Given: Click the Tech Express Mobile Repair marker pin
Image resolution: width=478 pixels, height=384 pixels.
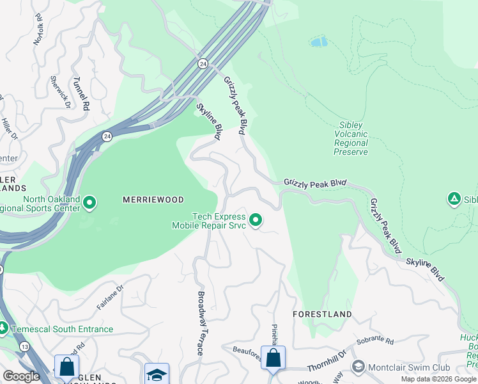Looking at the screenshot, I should coord(256,221).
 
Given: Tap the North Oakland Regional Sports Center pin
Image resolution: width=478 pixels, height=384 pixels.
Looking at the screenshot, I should coord(89,204).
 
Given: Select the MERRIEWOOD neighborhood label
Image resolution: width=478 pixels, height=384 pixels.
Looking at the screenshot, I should coord(153,200).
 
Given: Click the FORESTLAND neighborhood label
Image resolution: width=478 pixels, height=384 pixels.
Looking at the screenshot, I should coord(322,314).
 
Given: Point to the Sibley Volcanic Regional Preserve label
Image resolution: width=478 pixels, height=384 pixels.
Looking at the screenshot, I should coord(351,139).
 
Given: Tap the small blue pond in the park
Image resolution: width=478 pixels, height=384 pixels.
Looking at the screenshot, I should coord(318,42).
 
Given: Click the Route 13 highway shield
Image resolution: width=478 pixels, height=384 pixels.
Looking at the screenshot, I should coord(24,346).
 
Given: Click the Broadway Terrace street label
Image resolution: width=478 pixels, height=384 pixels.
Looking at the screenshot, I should coord(200,323).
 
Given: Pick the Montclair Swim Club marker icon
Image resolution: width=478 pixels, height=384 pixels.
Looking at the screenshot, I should coord(358,367).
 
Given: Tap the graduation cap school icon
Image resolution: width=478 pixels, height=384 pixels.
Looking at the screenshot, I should coord(157,374).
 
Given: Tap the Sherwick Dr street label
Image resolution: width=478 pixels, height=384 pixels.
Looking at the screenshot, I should coord(59,89).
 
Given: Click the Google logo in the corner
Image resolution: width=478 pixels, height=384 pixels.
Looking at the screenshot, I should coord(21,376).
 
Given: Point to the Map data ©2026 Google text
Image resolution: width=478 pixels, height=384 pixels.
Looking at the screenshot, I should coord(438,379).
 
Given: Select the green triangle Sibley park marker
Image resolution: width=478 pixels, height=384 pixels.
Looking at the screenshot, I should coord(454,199).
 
